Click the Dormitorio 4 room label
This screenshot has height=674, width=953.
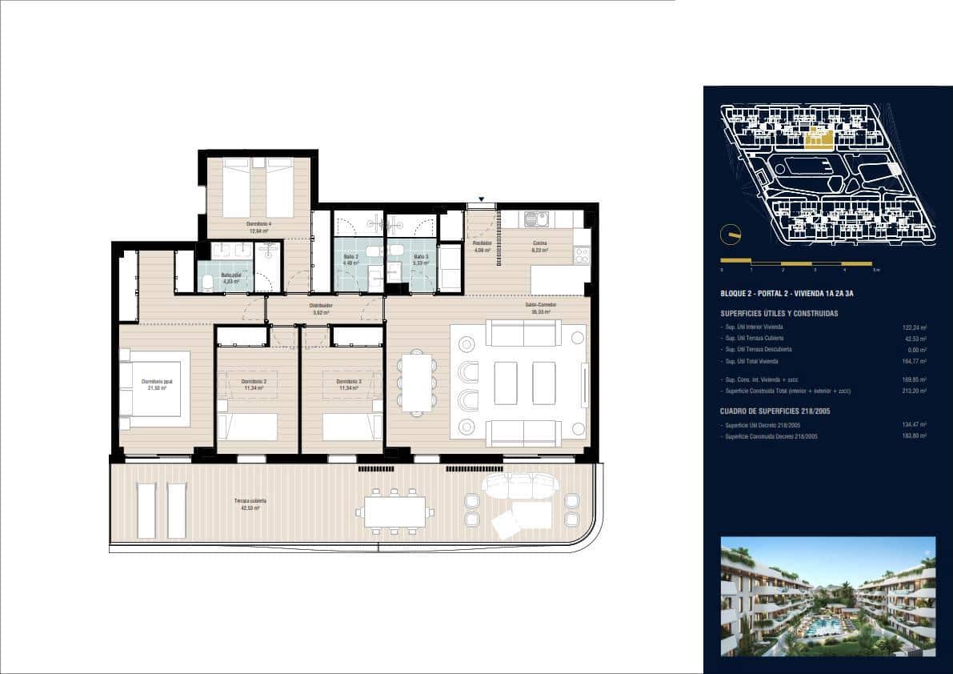tap(258, 226)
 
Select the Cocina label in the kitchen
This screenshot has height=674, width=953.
tap(540, 246)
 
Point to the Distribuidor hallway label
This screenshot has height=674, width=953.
tap(322, 307)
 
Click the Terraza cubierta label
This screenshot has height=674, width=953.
tap(250, 503)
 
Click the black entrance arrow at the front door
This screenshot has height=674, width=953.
tap(482, 199)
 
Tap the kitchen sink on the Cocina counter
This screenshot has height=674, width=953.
tap(535, 219)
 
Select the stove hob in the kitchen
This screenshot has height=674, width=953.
tap(582, 255)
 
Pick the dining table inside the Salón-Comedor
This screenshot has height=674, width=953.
tap(417, 382)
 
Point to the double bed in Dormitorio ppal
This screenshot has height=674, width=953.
tap(155, 389)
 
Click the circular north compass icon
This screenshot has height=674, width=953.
tap(729, 235)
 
